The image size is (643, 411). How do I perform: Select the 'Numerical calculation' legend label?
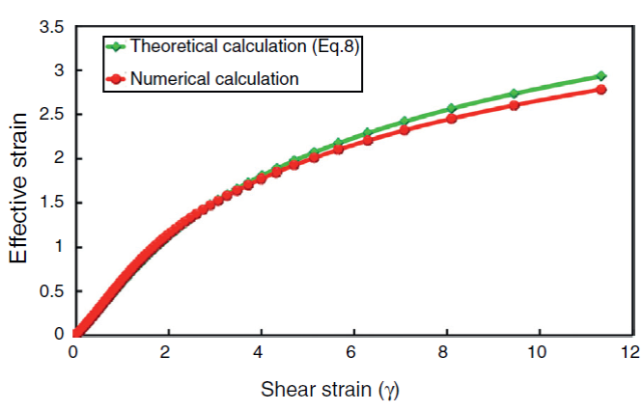(213, 78)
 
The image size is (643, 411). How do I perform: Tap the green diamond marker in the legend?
(117, 46)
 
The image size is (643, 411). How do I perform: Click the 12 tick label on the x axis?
(631, 350)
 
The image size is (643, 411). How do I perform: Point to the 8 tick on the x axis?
(446, 350)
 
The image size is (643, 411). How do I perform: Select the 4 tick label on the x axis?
(261, 350)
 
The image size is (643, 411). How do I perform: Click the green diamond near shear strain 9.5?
(515, 94)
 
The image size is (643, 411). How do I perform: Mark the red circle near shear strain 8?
(450, 118)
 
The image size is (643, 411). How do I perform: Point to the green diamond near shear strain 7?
(405, 123)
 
